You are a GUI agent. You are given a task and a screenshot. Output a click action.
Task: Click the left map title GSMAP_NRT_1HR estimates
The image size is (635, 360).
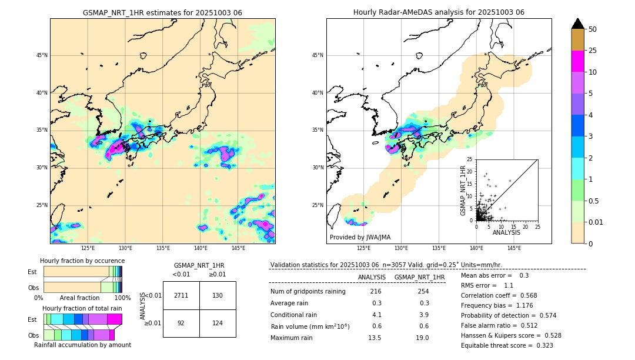point(162,12)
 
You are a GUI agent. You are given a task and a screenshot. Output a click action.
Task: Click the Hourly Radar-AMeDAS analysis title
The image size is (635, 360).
point(439,12)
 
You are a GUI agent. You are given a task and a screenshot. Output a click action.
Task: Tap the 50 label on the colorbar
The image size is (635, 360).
point(593,29)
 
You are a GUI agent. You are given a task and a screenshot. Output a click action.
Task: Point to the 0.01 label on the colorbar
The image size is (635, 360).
point(595,222)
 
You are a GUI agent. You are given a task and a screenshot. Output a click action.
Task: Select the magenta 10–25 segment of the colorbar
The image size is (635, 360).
point(577,61)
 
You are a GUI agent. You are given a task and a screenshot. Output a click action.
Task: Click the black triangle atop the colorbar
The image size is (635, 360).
point(577,24)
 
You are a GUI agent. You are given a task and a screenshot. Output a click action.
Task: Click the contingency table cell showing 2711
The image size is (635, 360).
point(181,295)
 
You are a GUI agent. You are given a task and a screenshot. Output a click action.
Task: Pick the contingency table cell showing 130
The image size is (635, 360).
point(218,295)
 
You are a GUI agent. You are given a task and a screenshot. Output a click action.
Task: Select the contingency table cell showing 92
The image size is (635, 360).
point(181,323)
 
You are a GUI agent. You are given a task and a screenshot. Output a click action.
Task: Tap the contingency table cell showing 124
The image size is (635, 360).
point(218,323)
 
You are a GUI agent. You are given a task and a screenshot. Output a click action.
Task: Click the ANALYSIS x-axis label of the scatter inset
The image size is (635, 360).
point(506,232)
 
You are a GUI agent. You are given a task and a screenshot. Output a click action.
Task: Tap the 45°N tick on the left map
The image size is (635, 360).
point(41,55)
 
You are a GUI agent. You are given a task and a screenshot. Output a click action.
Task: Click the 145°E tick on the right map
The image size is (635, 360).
point(514,248)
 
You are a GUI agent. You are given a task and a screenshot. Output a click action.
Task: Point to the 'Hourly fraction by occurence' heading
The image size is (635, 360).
point(82,261)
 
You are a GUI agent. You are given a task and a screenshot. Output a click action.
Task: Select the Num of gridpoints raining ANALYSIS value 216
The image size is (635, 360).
point(376,291)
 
